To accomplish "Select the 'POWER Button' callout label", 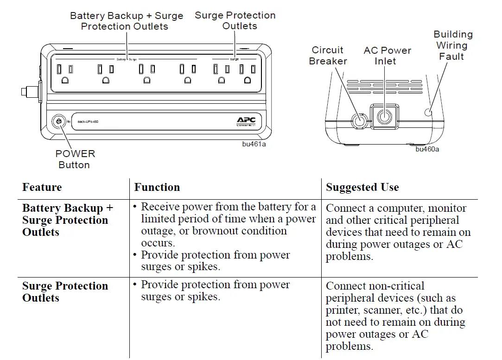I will pyautogui.click(x=75, y=159).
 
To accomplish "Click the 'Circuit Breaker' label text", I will pyautogui.click(x=328, y=56).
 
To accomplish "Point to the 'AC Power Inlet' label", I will pyautogui.click(x=388, y=56).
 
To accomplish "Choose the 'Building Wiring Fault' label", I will pyautogui.click(x=452, y=45).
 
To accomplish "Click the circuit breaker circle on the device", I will pyautogui.click(x=358, y=120).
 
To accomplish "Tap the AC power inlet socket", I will pyautogui.click(x=384, y=116).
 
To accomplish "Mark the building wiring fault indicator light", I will pyautogui.click(x=428, y=112).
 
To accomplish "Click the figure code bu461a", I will pyautogui.click(x=254, y=144).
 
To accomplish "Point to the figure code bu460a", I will pyautogui.click(x=427, y=149).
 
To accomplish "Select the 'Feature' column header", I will pyautogui.click(x=42, y=188).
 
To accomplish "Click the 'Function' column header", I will pyautogui.click(x=157, y=188).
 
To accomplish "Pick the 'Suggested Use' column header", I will pyautogui.click(x=362, y=188).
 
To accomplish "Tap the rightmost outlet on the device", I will pyautogui.click(x=248, y=74).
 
